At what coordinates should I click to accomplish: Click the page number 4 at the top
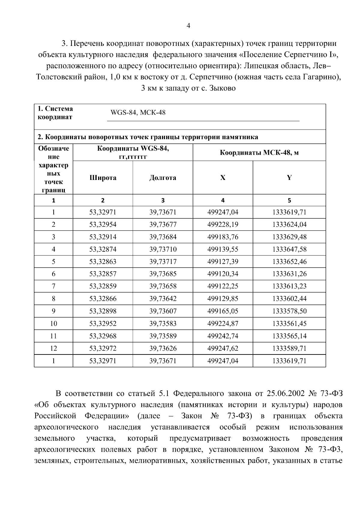click(188, 26)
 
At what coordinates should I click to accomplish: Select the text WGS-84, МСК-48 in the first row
click(138, 113)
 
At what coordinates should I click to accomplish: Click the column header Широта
click(103, 178)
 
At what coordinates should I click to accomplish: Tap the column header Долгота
click(163, 178)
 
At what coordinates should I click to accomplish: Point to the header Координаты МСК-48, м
click(259, 153)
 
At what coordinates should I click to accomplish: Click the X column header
click(223, 178)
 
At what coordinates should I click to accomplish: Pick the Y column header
click(289, 178)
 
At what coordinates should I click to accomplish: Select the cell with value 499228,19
click(223, 225)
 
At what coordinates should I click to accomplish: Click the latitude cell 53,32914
click(103, 237)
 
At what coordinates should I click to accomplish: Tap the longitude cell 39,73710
click(163, 249)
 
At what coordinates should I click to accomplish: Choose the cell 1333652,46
click(289, 262)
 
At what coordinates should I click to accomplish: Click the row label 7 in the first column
click(53, 286)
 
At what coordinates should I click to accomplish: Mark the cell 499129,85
click(223, 299)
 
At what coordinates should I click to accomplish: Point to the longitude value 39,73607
click(163, 311)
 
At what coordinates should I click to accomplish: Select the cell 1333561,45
click(289, 324)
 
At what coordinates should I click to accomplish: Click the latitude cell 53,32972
click(103, 348)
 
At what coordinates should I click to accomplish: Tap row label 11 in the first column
click(53, 336)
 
